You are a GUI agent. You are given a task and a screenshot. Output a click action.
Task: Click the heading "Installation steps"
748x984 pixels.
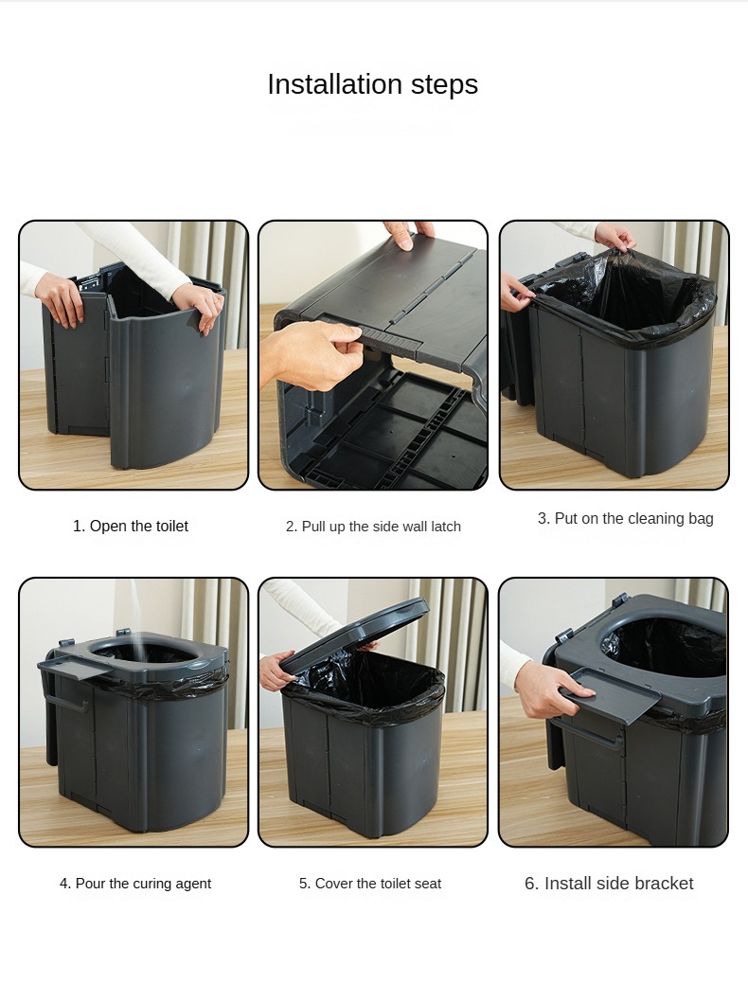point(372,84)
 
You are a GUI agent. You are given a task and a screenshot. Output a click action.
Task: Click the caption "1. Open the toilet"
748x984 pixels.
point(131,526)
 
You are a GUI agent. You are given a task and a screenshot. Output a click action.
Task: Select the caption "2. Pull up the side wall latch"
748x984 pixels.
point(373,526)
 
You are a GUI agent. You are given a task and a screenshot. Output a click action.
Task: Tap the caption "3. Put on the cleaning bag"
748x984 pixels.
point(625,518)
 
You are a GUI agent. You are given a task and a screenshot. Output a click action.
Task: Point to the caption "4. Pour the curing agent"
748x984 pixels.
point(135,883)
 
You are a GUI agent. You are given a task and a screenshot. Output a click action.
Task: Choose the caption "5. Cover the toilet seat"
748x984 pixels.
point(370,883)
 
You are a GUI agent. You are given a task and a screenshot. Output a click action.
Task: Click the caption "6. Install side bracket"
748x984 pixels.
point(609,883)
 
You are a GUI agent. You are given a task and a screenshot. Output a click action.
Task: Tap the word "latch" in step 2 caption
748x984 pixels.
point(441,526)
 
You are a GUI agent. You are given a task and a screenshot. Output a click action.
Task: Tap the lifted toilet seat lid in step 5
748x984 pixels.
point(356,633)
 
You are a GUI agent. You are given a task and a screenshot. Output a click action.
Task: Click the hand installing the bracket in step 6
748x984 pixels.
point(551,690)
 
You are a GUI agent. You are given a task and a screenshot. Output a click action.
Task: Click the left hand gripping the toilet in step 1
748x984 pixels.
point(61,297)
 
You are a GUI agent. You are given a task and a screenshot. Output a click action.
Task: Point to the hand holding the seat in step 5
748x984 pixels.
point(276,671)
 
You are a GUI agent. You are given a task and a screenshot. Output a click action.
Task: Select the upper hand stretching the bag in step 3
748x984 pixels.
point(614,237)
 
